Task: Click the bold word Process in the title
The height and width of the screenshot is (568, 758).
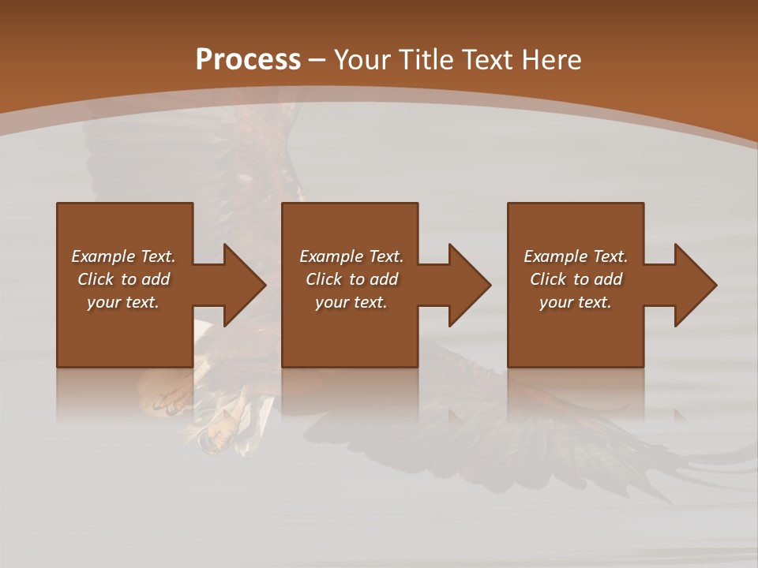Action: (248, 60)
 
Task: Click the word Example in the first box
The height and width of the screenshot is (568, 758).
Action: (103, 256)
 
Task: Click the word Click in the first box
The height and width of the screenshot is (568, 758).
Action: (96, 279)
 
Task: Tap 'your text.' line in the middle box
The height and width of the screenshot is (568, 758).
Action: (351, 302)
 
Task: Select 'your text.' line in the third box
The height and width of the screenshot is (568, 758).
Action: (576, 302)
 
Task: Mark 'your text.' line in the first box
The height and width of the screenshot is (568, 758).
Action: (123, 302)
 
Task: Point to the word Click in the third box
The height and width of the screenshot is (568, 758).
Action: (548, 279)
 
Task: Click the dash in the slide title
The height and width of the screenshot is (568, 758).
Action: (317, 60)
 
